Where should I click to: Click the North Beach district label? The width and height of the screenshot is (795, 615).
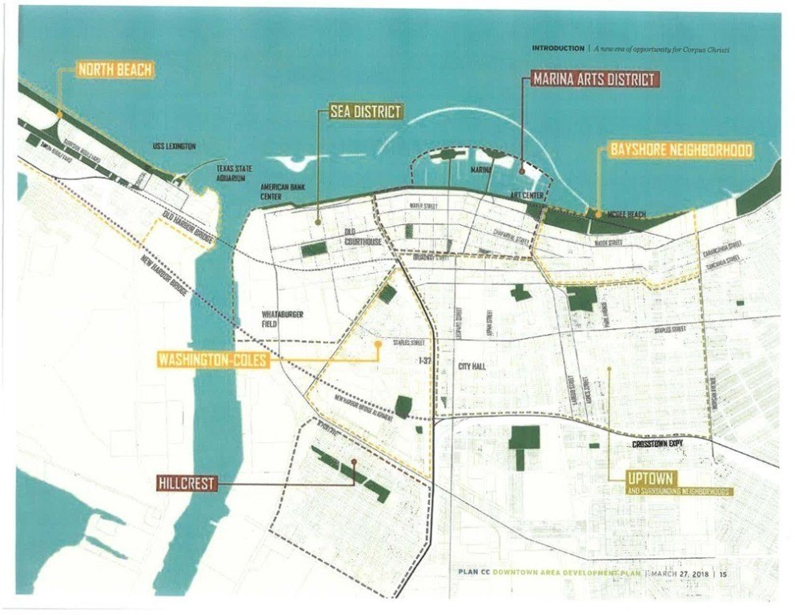(114, 70)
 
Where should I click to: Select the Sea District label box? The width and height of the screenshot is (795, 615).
(364, 112)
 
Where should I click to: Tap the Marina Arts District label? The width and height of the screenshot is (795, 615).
(595, 78)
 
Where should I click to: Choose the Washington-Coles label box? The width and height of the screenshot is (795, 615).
(211, 360)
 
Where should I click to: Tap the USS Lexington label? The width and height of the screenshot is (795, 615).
(175, 147)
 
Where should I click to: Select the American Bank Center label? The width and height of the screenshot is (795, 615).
(279, 190)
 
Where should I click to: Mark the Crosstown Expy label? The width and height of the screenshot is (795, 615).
(656, 443)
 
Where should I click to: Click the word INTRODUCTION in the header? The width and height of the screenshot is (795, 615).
(558, 48)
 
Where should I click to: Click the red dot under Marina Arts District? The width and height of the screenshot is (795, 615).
(521, 170)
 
